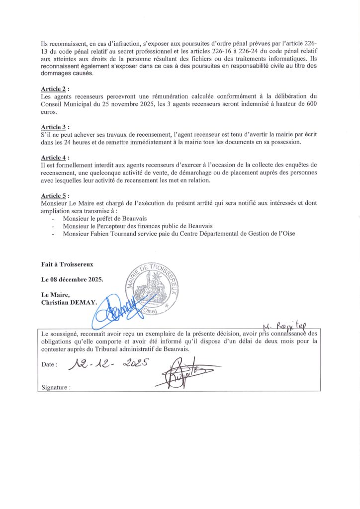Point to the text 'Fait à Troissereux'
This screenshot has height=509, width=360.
(67, 264)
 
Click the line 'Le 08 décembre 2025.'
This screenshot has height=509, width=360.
(72, 279)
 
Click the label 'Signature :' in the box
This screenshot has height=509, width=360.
(56, 387)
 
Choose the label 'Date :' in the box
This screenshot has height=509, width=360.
(49, 365)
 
